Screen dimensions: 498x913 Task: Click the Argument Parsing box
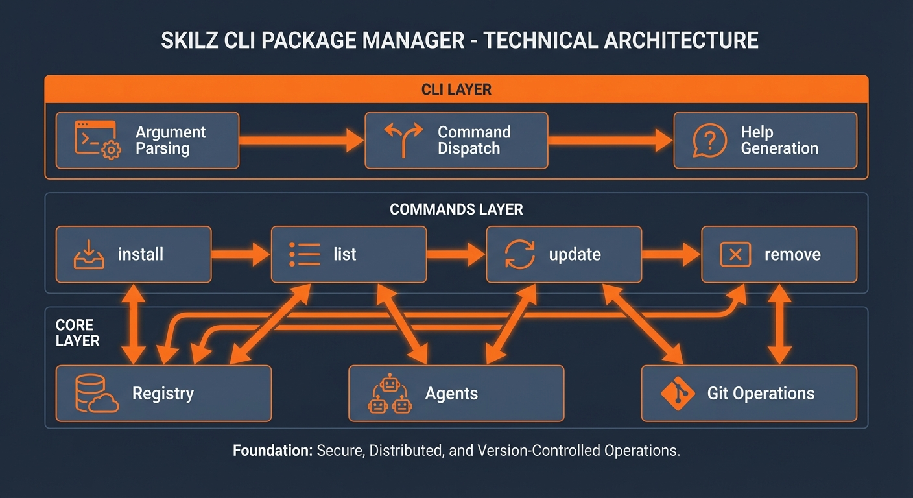pyautogui.click(x=147, y=141)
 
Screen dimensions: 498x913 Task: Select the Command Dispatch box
pyautogui.click(x=456, y=141)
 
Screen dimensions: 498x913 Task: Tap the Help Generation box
pyautogui.click(x=765, y=141)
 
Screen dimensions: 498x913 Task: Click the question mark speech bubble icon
pyautogui.click(x=709, y=141)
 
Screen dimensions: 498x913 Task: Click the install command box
pyautogui.click(x=134, y=254)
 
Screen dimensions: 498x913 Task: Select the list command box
pyautogui.click(x=348, y=254)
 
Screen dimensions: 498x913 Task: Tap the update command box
pyautogui.click(x=563, y=254)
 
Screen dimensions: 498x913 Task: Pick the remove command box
pyautogui.click(x=779, y=254)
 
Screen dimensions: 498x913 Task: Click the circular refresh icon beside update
pyautogui.click(x=520, y=254)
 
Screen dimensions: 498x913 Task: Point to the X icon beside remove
pyautogui.click(x=735, y=254)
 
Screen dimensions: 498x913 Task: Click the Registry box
pyautogui.click(x=163, y=394)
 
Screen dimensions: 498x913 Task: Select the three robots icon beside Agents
pyautogui.click(x=389, y=394)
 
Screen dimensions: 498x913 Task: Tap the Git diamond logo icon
pyautogui.click(x=677, y=394)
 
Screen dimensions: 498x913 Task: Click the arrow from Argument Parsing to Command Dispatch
pyautogui.click(x=302, y=140)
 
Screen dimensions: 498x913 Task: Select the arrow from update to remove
pyautogui.click(x=671, y=254)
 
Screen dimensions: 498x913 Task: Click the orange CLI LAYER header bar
pyautogui.click(x=456, y=89)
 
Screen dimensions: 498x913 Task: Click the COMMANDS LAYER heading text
pyautogui.click(x=456, y=210)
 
